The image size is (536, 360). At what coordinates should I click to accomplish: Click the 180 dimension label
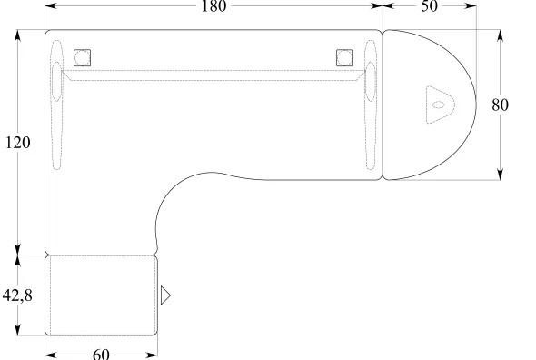[213, 6]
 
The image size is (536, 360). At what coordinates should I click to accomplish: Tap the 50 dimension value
[429, 6]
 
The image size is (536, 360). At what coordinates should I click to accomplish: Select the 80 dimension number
[500, 105]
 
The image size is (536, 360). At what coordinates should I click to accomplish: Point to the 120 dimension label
[18, 143]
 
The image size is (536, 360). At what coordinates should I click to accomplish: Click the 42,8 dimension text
[17, 295]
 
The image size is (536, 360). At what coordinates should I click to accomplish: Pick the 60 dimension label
[101, 355]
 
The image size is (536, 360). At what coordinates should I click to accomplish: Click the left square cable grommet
[83, 57]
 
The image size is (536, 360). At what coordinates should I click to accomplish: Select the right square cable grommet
[345, 57]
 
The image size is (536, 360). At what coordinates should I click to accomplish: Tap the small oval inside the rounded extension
[439, 105]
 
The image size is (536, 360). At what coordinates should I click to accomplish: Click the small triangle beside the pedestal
[165, 295]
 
